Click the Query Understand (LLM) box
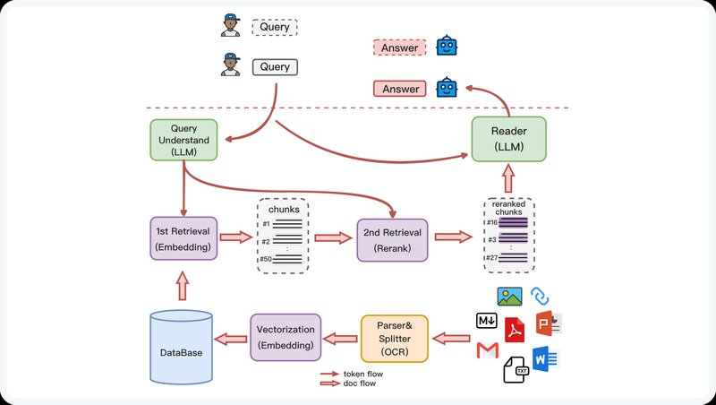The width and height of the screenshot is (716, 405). [x=183, y=141]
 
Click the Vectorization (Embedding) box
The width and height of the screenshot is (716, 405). [x=285, y=336]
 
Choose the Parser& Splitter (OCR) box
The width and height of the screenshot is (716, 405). [x=395, y=337]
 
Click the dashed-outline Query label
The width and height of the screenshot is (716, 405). [x=274, y=28]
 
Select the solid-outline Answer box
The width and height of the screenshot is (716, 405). [x=400, y=89]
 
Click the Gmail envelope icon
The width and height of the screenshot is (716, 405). [x=487, y=349]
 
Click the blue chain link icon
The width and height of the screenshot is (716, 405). [x=540, y=296]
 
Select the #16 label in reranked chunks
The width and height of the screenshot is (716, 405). [x=492, y=221]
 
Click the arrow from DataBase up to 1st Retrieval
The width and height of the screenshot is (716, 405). [x=183, y=286]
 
